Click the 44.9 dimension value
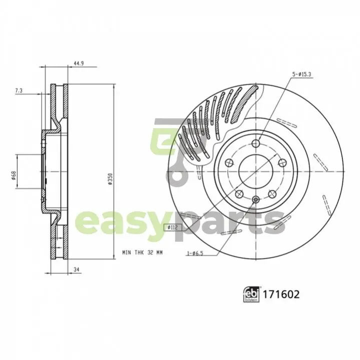pyautogui.click(x=79, y=64)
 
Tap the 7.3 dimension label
pyautogui.click(x=19, y=91)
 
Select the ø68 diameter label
pyautogui.click(x=14, y=175)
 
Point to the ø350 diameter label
pyautogui.click(x=111, y=179)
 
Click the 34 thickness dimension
pyautogui.click(x=77, y=269)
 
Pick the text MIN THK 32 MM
pyautogui.click(x=142, y=252)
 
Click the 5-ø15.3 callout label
pyautogui.click(x=301, y=75)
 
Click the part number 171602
pyautogui.click(x=281, y=294)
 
